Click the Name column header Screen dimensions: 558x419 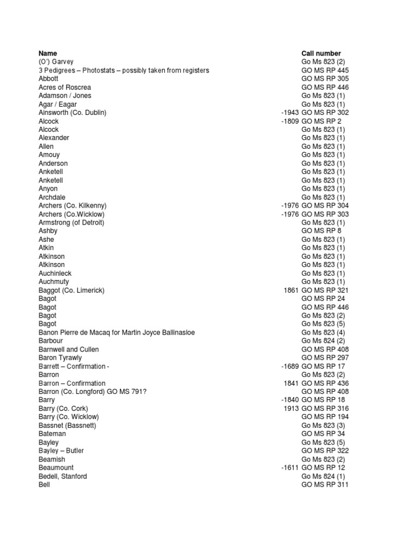coord(47,53)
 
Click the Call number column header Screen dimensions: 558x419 coord(321,53)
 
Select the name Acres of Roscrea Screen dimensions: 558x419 coord(64,87)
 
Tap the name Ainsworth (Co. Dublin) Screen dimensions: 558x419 coord(72,113)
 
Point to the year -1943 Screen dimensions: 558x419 coord(290,113)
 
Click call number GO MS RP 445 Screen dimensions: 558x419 coord(325,70)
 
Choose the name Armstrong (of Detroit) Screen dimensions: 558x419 coord(71,222)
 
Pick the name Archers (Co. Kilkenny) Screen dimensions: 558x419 coord(73,205)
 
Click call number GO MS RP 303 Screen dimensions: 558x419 coord(325,214)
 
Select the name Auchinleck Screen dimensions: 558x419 coord(55,273)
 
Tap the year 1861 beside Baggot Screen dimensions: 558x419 coord(291,290)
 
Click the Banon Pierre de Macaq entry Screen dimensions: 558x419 coord(117,332)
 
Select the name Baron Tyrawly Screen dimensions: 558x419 coord(60,357)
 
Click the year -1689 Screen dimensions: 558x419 coord(290,366)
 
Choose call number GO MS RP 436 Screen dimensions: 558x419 coord(325,383)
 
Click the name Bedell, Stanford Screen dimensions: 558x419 coord(63,476)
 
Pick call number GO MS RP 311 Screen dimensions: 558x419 coord(325,484)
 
